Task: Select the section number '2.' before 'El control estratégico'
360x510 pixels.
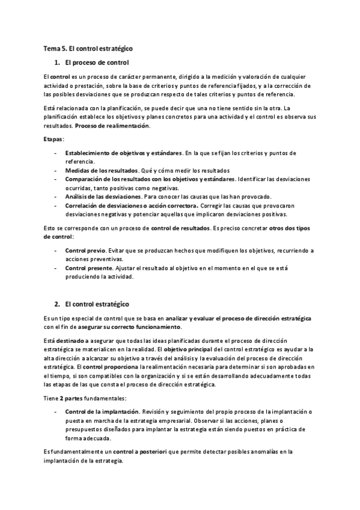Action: point(57,304)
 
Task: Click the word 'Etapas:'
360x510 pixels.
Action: point(53,139)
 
